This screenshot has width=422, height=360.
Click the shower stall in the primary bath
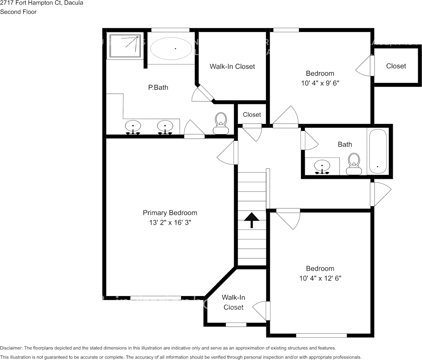(x=125, y=46)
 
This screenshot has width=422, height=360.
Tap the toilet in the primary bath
(x=220, y=124)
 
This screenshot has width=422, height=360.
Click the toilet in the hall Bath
(x=354, y=163)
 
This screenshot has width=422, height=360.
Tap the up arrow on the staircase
(x=252, y=220)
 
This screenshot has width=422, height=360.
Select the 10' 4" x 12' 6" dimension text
(x=320, y=278)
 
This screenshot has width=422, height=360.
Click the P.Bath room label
(x=158, y=88)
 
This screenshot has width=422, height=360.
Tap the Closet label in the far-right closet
(x=396, y=66)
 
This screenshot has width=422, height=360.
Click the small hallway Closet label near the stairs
(x=252, y=115)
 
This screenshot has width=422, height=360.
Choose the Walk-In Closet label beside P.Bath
(x=232, y=67)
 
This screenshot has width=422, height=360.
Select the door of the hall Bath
(x=309, y=140)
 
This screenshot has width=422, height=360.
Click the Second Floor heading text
(x=18, y=12)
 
